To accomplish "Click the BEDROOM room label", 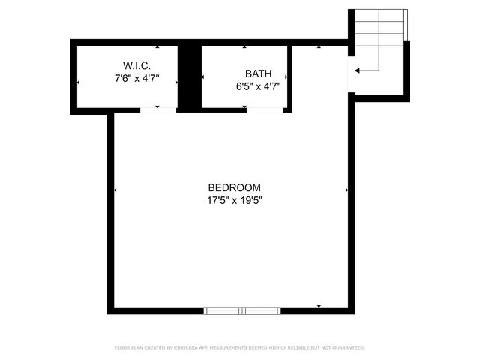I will pos(234,187).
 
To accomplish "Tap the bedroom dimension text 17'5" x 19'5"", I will pos(234,200).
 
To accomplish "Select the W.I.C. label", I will pos(137,65).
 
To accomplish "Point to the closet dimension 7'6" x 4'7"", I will pos(136,78).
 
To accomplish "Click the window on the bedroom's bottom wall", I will pos(243,310).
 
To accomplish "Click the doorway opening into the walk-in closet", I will pos(157,110).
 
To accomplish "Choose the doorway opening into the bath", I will pos(265,110).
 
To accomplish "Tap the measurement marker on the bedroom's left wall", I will pos(115,190).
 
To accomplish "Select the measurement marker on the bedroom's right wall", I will pos(346,190).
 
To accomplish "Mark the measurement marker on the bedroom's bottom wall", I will pos(319,307).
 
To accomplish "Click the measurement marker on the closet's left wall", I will pos(79,82).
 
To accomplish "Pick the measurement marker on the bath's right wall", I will pos(286,76).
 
